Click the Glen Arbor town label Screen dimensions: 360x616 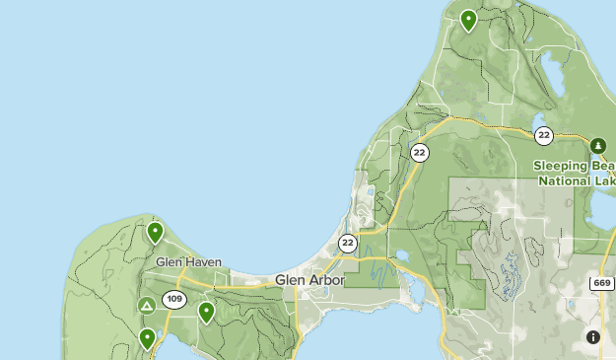[310, 280]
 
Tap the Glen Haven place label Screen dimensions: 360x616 [188, 262]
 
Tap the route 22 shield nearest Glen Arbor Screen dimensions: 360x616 [348, 243]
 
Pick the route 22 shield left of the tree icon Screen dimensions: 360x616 [543, 135]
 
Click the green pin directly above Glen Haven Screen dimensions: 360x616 [155, 233]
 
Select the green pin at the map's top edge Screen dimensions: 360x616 [469, 18]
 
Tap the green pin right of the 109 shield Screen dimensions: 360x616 [207, 313]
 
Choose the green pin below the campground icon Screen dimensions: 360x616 [148, 338]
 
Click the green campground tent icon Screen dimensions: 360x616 [147, 306]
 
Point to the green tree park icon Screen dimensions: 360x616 [597, 146]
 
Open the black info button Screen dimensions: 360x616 [593, 337]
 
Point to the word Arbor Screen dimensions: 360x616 [326, 280]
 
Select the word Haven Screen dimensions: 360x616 [204, 262]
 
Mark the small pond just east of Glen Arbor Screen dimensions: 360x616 [402, 257]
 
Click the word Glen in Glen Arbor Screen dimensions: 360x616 [290, 280]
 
